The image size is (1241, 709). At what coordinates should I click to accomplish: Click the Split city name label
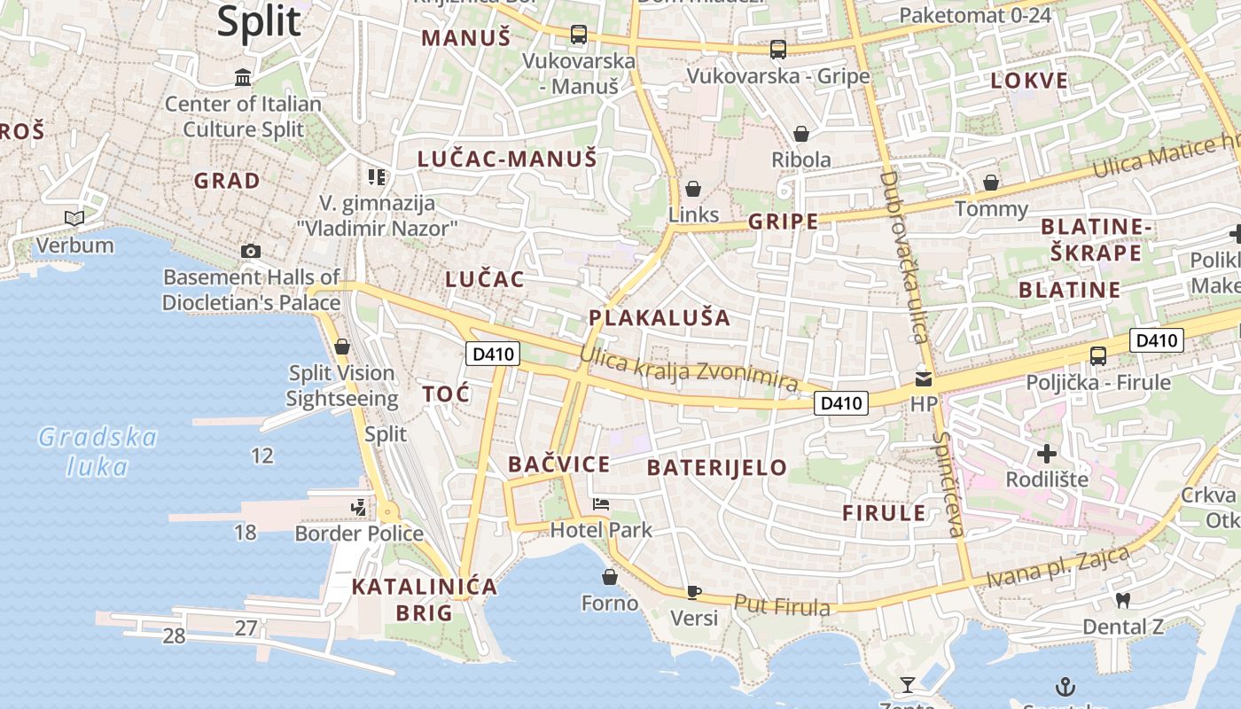point(259,21)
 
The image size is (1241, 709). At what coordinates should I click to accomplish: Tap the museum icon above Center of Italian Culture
point(243,78)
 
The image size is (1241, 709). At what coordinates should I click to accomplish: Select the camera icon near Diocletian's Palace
point(251,251)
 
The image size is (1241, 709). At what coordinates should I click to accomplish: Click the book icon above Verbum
point(74,218)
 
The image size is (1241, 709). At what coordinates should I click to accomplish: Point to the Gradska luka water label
point(98,452)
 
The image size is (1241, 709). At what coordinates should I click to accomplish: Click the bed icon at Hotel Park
point(601,504)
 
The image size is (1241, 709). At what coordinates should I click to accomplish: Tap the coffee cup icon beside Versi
point(694,592)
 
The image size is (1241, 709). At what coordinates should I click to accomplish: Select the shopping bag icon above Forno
point(610,578)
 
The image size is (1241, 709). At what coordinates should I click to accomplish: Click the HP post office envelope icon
point(924,378)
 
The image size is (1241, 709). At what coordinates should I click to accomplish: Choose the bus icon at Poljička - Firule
point(1098,356)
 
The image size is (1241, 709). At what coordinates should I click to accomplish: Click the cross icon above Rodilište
point(1047,454)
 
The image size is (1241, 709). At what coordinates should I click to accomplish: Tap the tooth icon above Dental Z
point(1123,601)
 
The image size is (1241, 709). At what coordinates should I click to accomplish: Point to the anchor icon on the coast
point(1065,686)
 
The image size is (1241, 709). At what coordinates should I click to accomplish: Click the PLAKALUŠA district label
point(660,318)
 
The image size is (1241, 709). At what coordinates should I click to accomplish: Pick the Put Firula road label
point(782,605)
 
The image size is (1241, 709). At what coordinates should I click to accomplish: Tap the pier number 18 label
point(246,532)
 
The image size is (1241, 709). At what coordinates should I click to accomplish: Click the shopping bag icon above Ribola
point(801,134)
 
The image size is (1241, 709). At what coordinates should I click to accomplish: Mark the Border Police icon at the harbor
point(359,508)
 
